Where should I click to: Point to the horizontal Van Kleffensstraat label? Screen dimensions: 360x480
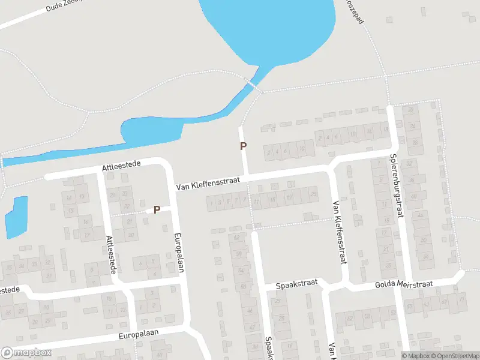pyautogui.click(x=208, y=184)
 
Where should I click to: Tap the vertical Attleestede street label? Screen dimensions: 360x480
pyautogui.click(x=110, y=254)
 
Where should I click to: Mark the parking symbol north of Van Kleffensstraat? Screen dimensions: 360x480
pyautogui.click(x=243, y=146)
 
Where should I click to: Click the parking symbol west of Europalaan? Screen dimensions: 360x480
pyautogui.click(x=157, y=209)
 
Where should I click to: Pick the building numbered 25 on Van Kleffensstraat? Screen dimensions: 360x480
pyautogui.click(x=313, y=193)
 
